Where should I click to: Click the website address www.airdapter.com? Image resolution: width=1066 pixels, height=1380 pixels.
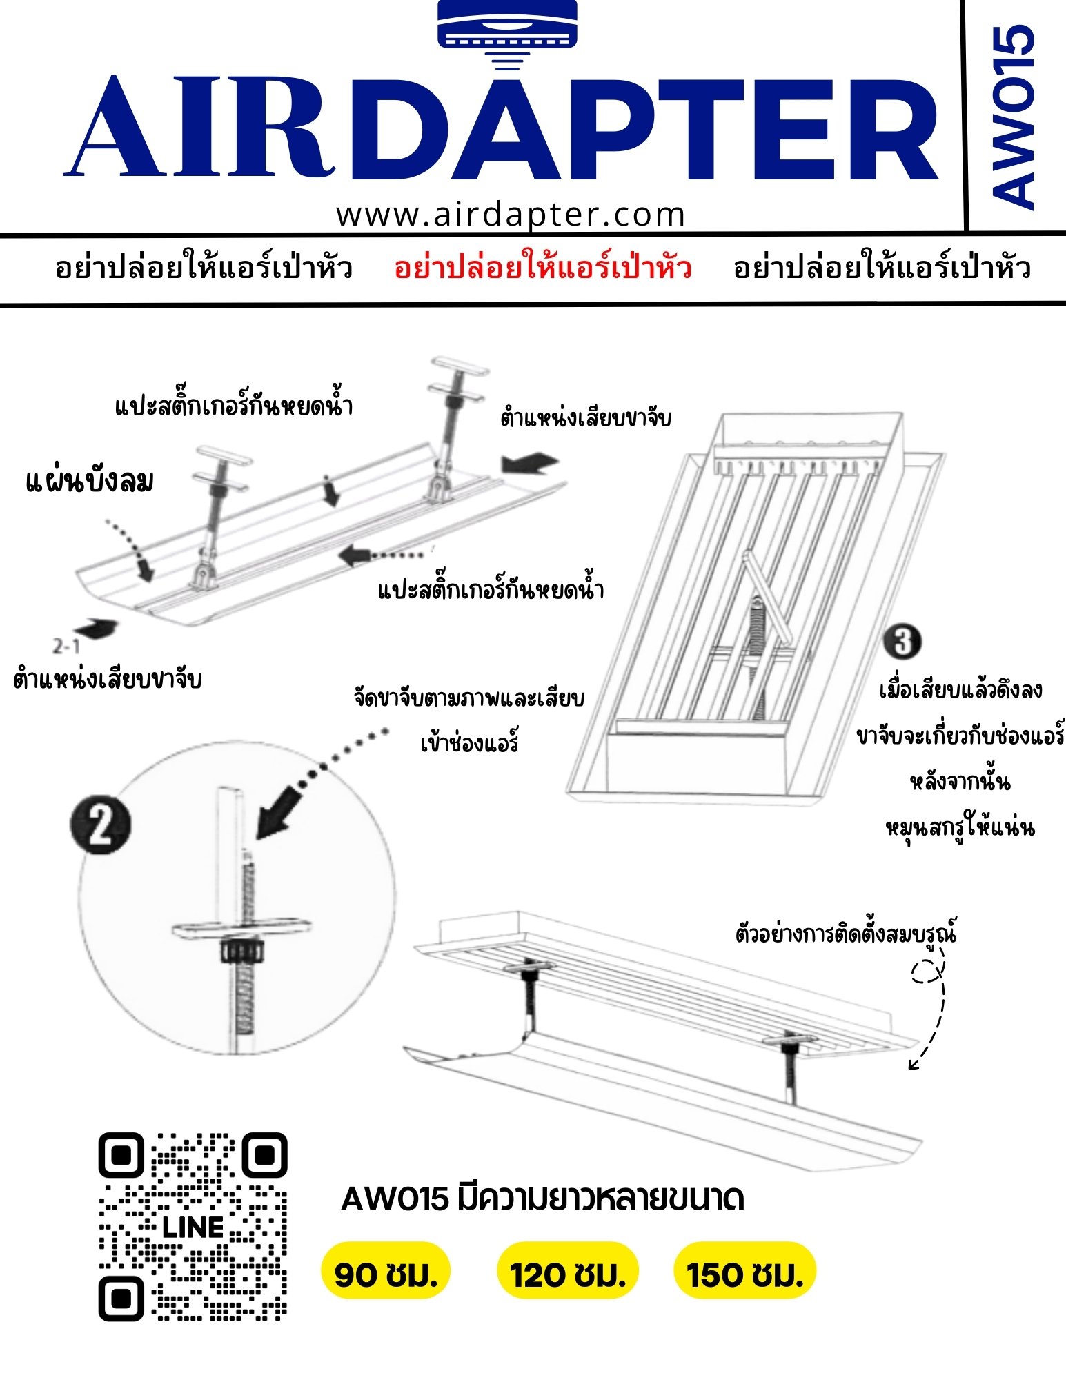click(x=511, y=215)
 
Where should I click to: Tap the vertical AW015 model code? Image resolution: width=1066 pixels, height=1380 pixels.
click(x=1013, y=117)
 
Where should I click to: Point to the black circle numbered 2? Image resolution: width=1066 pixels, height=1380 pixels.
click(x=101, y=825)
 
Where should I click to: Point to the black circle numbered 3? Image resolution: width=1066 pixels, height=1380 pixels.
click(x=902, y=641)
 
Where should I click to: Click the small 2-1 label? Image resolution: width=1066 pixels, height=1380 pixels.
click(x=66, y=647)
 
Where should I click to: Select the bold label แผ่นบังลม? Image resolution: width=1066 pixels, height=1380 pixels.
click(x=90, y=481)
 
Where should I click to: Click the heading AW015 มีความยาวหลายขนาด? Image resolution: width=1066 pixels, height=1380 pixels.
click(x=543, y=1199)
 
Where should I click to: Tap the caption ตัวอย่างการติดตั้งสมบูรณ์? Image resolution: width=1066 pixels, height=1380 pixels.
click(x=847, y=933)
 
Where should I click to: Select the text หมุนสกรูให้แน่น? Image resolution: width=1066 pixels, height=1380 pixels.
click(x=960, y=826)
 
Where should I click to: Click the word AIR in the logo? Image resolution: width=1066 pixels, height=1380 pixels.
click(x=200, y=126)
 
